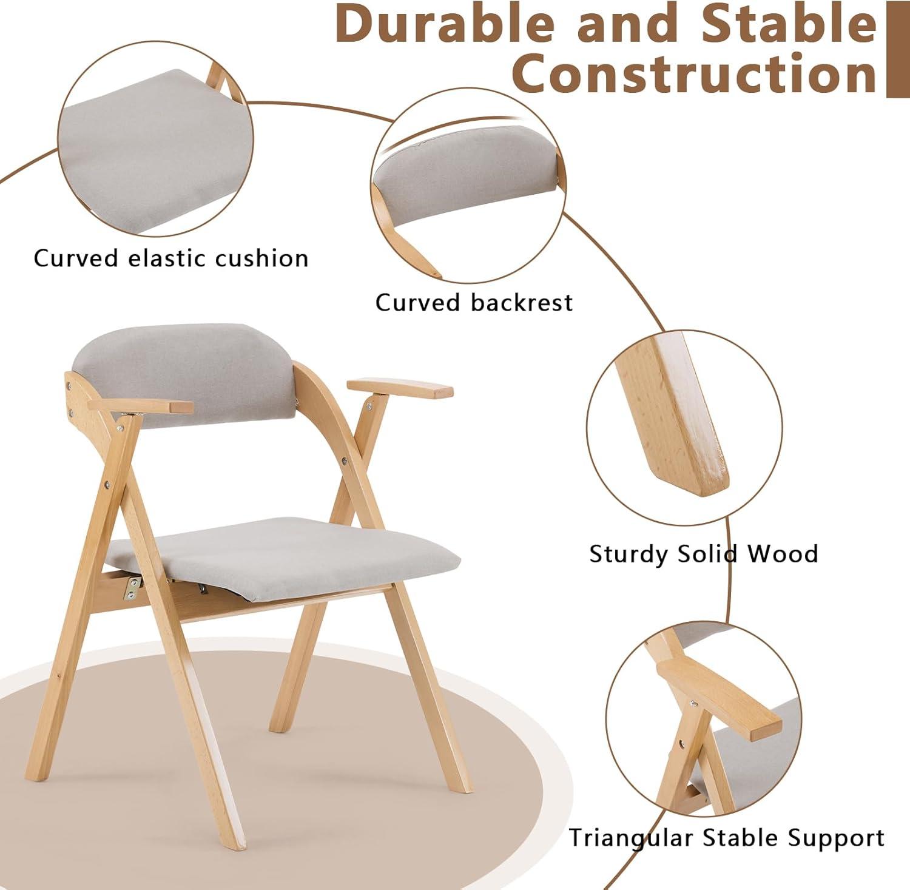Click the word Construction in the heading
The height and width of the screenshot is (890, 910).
(694, 73)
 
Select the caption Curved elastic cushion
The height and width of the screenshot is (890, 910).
(171, 258)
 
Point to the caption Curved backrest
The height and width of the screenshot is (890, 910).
(474, 302)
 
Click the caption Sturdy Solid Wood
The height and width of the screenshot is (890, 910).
(704, 554)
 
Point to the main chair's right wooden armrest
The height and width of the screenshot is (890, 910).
(400, 388)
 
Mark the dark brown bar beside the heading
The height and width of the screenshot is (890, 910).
(897, 49)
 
